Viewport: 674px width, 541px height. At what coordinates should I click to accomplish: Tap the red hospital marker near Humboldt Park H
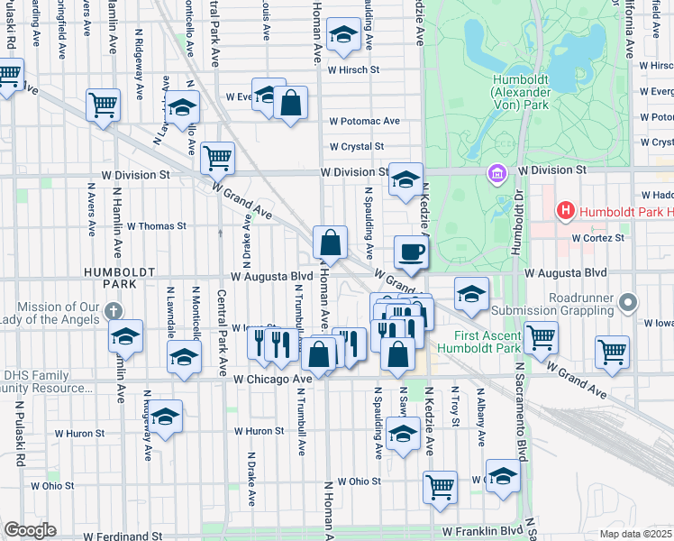(565, 212)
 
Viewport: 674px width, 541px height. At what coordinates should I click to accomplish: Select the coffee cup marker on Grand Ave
(411, 252)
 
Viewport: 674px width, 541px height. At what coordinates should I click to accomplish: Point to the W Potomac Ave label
(364, 121)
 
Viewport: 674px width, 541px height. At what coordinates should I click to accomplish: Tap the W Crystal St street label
(356, 146)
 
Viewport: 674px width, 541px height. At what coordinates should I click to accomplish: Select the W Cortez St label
(599, 238)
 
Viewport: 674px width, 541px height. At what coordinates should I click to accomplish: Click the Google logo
(30, 530)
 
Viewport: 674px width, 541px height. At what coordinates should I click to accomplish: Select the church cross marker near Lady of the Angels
(112, 311)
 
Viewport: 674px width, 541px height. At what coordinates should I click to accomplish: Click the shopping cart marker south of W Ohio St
(441, 487)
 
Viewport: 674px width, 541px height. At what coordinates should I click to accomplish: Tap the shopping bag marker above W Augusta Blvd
(331, 243)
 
